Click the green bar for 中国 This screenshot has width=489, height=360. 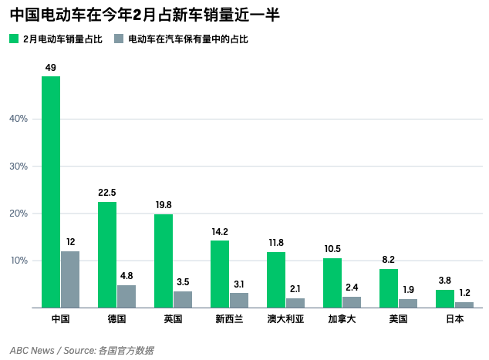coord(51,192)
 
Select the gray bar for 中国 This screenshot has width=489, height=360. coord(70,280)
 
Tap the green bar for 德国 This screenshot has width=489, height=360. coord(107,255)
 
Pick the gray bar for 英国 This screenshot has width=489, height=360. coord(183,300)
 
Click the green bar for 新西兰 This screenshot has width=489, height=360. coord(220,274)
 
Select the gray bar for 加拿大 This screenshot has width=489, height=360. coord(352,302)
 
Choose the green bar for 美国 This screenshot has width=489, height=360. coord(389,288)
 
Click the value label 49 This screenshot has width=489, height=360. coord(51,68)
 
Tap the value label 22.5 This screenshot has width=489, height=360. coord(107,193)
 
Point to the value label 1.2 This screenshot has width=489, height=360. coord(464,293)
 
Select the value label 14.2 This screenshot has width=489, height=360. coord(220,231)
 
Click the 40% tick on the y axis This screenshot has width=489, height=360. coord(19,119)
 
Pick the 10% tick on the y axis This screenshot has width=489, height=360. coord(19,261)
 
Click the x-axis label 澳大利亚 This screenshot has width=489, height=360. coord(286,319)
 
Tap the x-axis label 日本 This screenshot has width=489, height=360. coord(455,319)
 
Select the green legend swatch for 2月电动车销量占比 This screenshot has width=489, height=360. coord(14,38)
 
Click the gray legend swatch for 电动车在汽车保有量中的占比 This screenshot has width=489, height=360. coord(119,38)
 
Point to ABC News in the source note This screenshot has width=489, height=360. coord(32,350)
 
